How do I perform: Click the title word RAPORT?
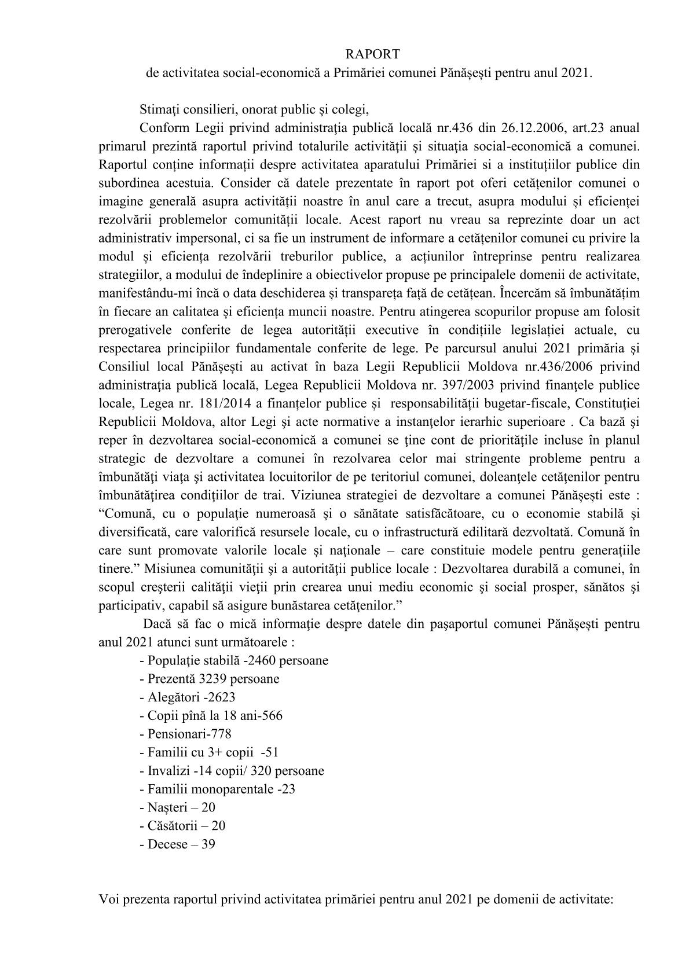(372, 54)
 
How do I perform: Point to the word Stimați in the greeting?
(160, 108)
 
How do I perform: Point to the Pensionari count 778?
(221, 734)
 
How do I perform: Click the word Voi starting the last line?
(108, 901)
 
